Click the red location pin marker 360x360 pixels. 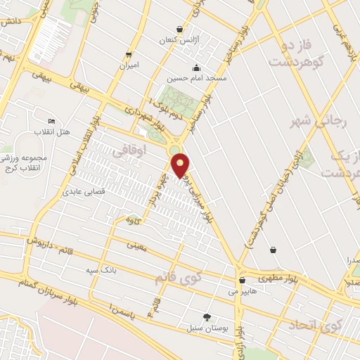click(181, 165)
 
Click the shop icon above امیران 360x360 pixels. click(128, 54)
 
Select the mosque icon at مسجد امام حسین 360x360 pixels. click(195, 67)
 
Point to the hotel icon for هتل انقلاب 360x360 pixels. click(50, 121)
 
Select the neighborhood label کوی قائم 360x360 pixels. click(179, 278)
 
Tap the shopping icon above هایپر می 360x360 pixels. click(241, 279)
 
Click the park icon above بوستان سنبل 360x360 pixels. click(206, 317)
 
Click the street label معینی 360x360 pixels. click(133, 246)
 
